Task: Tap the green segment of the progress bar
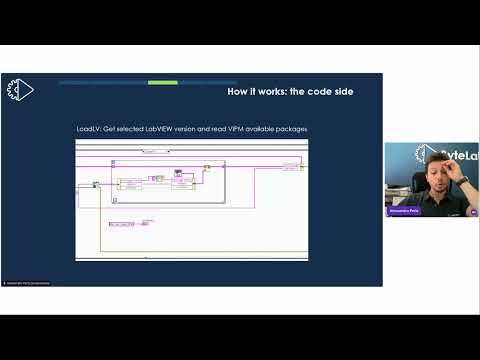(162, 82)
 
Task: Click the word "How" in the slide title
(239, 92)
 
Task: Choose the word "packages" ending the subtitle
(290, 129)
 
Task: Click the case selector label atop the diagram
(155, 151)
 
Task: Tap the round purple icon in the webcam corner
(473, 212)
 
